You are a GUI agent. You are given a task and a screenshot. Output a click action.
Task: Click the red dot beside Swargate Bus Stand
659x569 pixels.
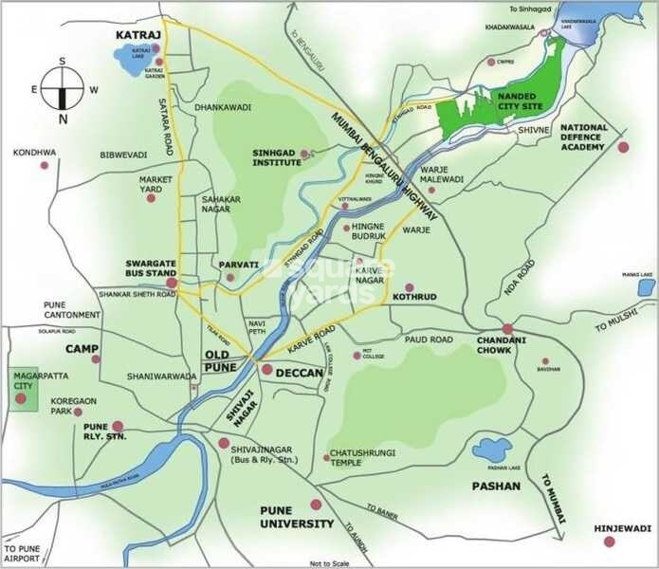coord(172,282)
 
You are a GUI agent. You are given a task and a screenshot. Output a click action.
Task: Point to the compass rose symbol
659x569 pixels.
coord(63,90)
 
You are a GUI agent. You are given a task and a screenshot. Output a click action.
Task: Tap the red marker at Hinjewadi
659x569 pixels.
coord(609,541)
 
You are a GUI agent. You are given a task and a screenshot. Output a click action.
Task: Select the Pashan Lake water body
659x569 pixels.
coord(492,451)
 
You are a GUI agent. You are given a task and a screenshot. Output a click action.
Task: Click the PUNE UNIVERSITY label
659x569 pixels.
coord(297,517)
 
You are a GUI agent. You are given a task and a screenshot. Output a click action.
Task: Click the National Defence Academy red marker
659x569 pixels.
coord(623,147)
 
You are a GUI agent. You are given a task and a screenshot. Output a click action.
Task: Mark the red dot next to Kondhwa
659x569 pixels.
coord(44,166)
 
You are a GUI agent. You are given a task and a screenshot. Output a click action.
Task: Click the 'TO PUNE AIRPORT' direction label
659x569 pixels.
coord(22,554)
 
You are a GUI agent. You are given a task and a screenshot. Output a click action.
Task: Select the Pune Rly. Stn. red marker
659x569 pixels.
coord(118,427)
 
